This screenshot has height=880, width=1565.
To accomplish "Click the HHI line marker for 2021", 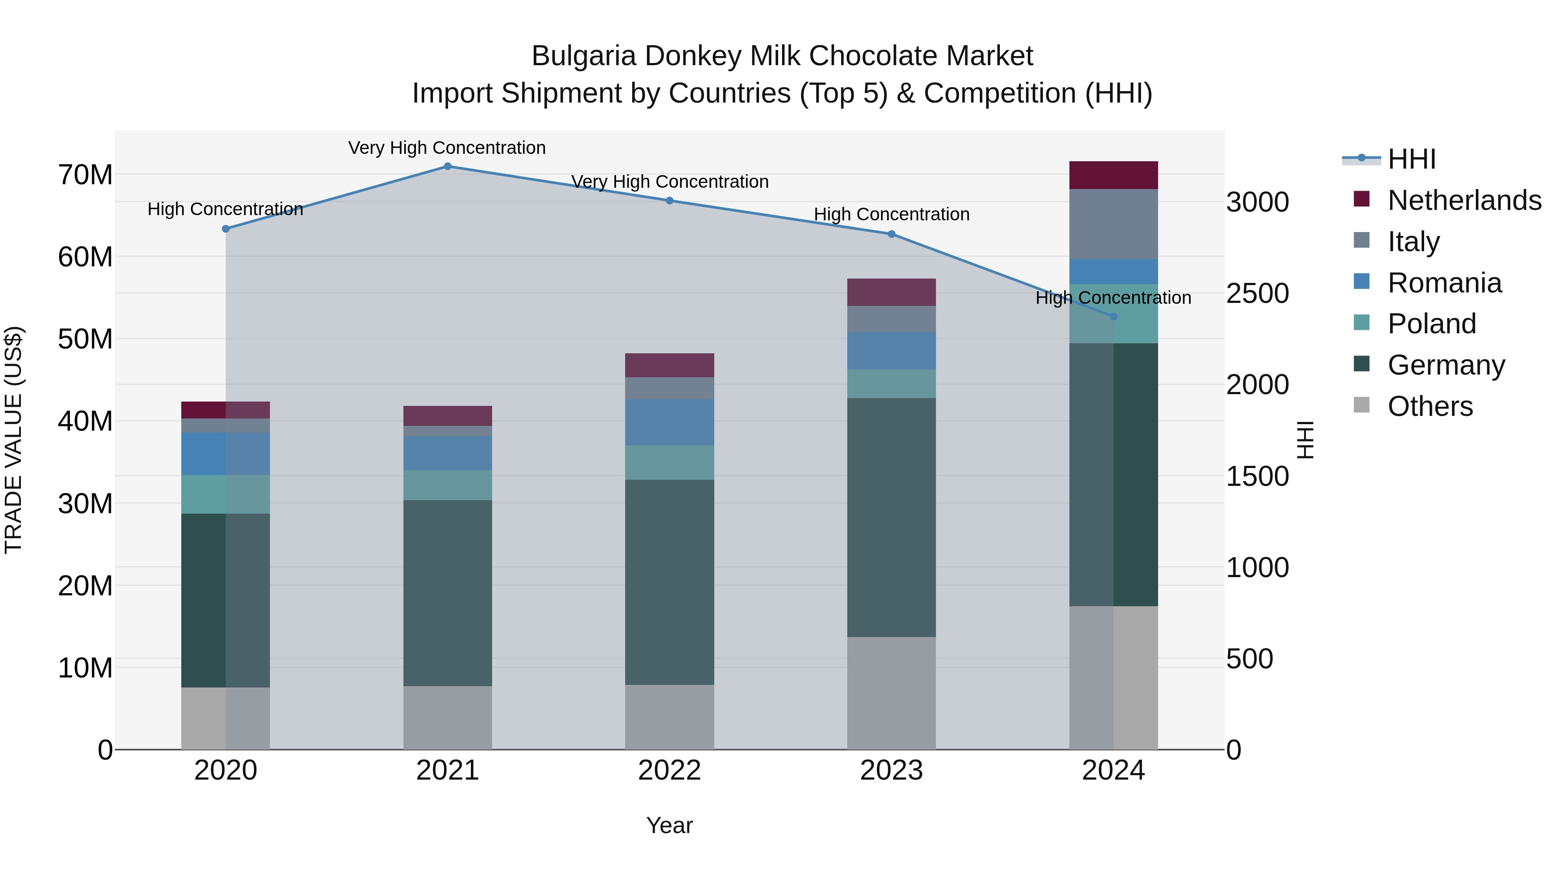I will pyautogui.click(x=447, y=166).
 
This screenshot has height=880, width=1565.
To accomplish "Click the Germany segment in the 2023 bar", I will pyautogui.click(x=891, y=518).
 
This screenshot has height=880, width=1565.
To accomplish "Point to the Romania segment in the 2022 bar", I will pyautogui.click(x=669, y=423).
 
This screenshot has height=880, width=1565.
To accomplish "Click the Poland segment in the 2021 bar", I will pyautogui.click(x=447, y=485).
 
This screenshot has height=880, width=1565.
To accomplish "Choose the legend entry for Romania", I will pyautogui.click(x=1444, y=283).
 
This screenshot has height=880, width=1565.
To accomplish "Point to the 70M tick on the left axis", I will pyautogui.click(x=85, y=175).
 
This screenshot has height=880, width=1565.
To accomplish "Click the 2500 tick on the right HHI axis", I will pyautogui.click(x=1257, y=293).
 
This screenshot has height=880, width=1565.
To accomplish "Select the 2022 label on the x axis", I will pyautogui.click(x=669, y=770).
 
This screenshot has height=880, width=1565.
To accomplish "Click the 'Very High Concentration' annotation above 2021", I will pyautogui.click(x=447, y=148).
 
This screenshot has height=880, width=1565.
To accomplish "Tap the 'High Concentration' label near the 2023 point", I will pyautogui.click(x=891, y=214).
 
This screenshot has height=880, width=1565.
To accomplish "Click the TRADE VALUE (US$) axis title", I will pyautogui.click(x=13, y=440).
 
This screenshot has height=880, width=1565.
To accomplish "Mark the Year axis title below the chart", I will pyautogui.click(x=669, y=825).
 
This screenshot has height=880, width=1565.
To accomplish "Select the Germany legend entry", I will pyautogui.click(x=1446, y=365).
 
